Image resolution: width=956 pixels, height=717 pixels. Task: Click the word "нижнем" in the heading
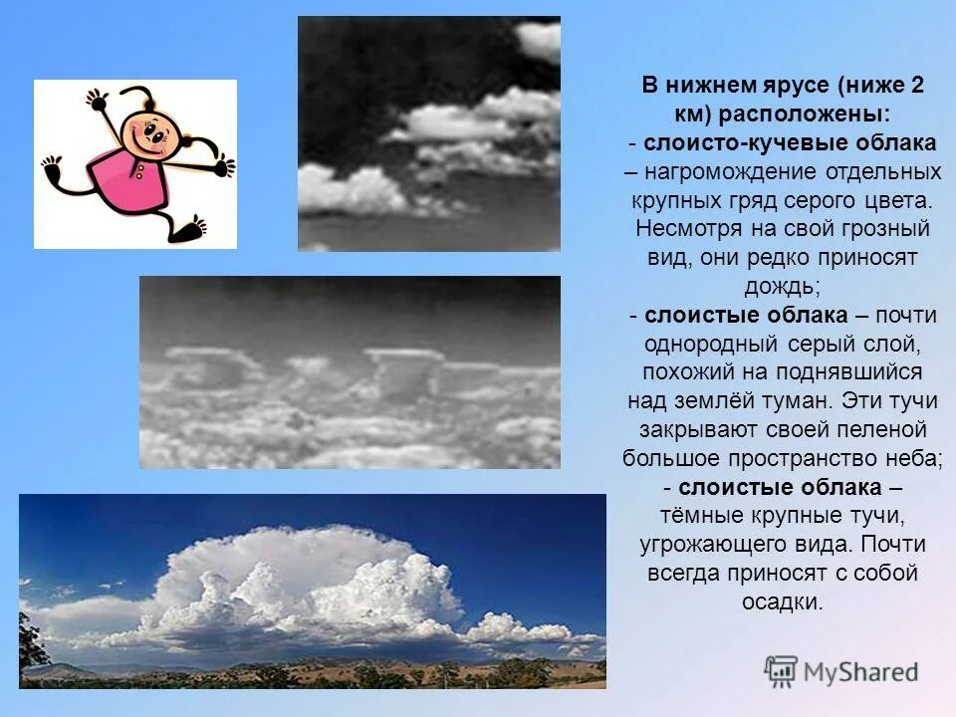[x=709, y=86]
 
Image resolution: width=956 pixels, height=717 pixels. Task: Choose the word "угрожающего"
[x=708, y=545]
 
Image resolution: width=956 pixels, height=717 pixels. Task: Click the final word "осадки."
[x=782, y=602]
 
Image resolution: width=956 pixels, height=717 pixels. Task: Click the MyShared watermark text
[x=860, y=672]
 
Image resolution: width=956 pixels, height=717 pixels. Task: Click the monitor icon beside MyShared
[x=782, y=671]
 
